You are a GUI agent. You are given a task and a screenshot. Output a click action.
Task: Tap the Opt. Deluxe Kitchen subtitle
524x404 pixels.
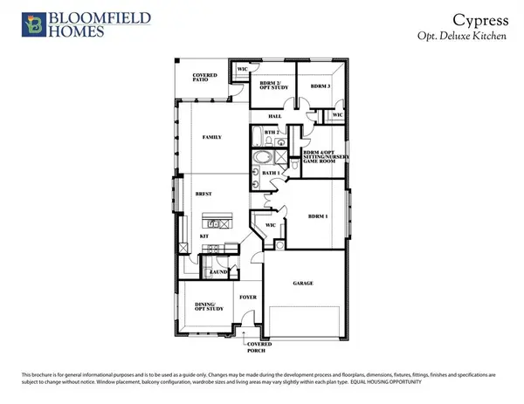(x=471, y=36)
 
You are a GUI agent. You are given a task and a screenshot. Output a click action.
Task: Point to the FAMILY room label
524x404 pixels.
(x=210, y=137)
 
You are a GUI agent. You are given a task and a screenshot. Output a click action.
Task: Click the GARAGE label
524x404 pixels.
(x=304, y=284)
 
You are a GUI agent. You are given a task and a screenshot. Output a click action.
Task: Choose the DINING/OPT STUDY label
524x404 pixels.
(x=204, y=306)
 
